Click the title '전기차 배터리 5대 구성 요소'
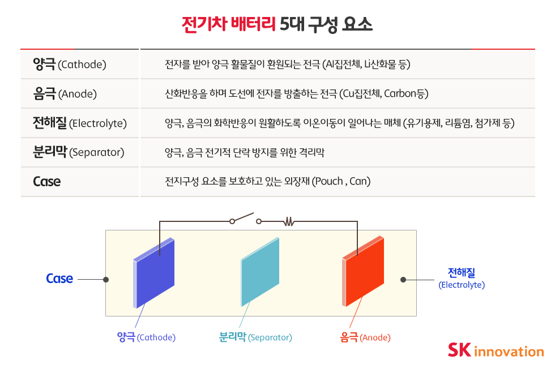pyautogui.click(x=277, y=24)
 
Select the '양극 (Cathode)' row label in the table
pyautogui.click(x=70, y=64)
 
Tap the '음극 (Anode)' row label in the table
pyautogui.click(x=65, y=93)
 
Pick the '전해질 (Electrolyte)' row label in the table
pyautogui.click(x=80, y=123)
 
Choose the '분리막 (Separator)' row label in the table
pyautogui.click(x=79, y=152)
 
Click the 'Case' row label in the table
pyautogui.click(x=47, y=182)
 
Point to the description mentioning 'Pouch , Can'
pyautogui.click(x=267, y=182)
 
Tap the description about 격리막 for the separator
pyautogui.click(x=244, y=152)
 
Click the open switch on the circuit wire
pyautogui.click(x=245, y=219)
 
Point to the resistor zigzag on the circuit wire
pyautogui.click(x=289, y=222)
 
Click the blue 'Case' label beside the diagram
pyautogui.click(x=59, y=279)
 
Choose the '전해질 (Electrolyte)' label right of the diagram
pyautogui.click(x=462, y=279)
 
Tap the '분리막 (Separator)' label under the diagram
pyautogui.click(x=255, y=337)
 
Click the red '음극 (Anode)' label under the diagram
pyautogui.click(x=365, y=337)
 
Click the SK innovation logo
pyautogui.click(x=496, y=350)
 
